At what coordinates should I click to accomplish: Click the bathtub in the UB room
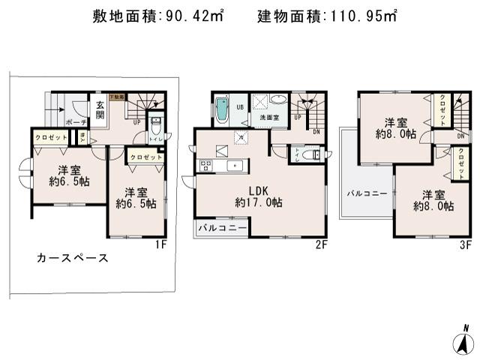click(222, 111)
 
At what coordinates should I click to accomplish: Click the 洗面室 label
click(269, 118)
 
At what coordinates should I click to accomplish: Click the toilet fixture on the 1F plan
click(156, 124)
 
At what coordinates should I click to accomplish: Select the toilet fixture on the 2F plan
click(316, 155)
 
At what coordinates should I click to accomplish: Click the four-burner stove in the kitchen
click(205, 166)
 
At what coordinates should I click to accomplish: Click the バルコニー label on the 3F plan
click(367, 193)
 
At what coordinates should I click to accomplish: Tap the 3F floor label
click(465, 244)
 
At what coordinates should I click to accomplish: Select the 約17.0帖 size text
click(257, 202)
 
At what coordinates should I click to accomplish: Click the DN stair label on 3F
click(460, 135)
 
